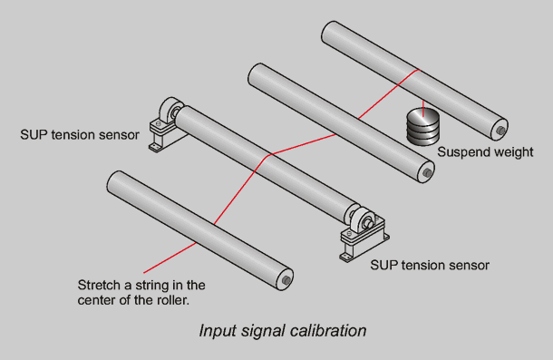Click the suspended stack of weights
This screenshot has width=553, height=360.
(423, 127)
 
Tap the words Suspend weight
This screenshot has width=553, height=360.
(485, 152)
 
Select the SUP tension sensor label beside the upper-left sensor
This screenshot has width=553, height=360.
(80, 135)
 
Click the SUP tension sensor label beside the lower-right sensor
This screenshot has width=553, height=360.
(430, 265)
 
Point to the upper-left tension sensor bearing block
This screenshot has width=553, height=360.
(166, 123)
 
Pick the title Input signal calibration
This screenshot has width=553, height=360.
(283, 331)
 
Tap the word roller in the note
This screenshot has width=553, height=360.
(172, 300)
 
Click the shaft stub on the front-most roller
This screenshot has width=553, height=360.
(286, 280)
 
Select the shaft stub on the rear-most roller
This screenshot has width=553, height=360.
(500, 131)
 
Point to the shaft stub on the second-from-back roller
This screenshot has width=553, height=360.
(428, 172)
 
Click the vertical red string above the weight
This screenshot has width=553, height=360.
(423, 108)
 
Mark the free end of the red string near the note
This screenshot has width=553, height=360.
(144, 272)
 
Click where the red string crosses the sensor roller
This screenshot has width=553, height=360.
(269, 155)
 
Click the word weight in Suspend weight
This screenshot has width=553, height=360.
(513, 152)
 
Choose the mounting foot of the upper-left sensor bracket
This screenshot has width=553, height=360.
(154, 148)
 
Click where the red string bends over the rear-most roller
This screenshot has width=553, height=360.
(419, 70)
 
